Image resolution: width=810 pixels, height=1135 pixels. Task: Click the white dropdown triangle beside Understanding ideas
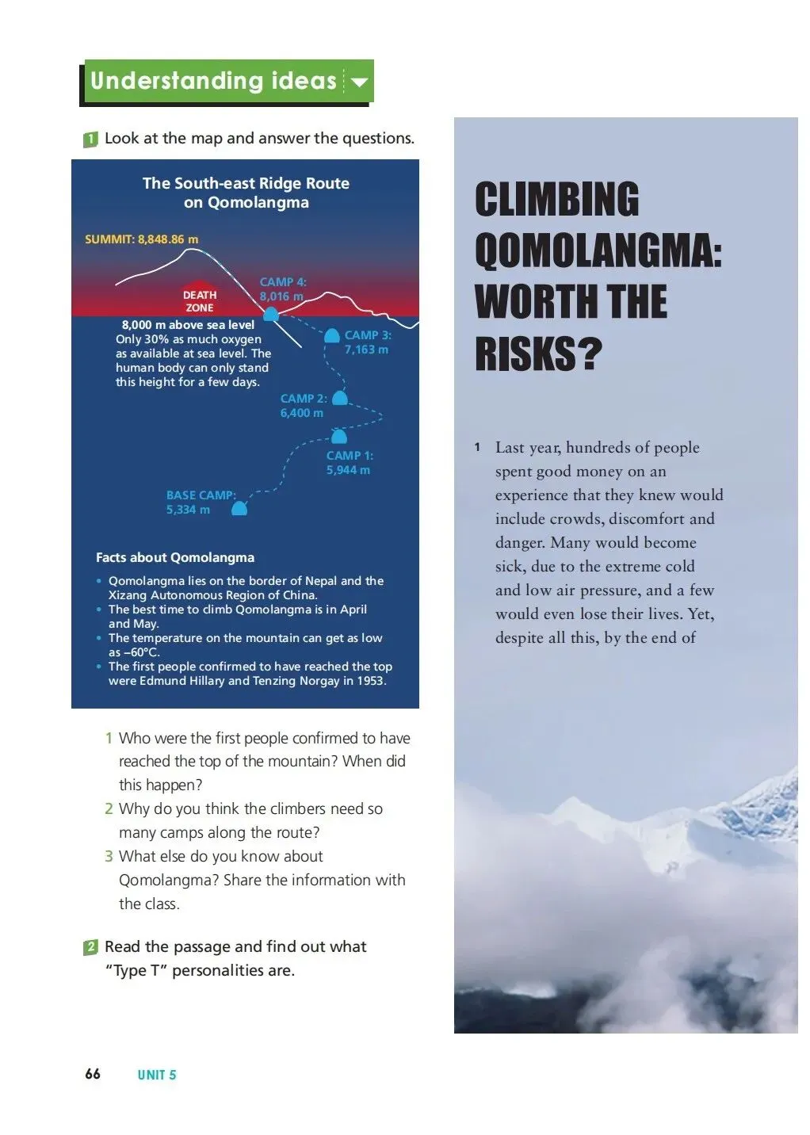[359, 82]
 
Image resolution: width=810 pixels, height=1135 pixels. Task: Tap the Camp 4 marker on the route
[271, 315]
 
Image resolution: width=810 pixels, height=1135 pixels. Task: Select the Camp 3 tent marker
[332, 336]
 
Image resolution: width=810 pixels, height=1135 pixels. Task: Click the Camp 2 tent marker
[339, 398]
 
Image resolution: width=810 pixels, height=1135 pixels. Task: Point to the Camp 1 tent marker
[338, 437]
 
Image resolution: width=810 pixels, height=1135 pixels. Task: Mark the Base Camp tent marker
[239, 508]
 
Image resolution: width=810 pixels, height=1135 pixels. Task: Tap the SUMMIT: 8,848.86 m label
[142, 239]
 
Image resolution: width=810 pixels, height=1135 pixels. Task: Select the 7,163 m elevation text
[366, 350]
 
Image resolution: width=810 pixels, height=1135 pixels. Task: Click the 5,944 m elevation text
[348, 470]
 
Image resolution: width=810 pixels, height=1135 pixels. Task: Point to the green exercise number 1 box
[90, 139]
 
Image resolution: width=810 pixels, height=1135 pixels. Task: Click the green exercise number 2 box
[90, 947]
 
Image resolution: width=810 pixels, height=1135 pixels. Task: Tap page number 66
[93, 1074]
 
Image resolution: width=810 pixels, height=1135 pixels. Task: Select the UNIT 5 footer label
[157, 1075]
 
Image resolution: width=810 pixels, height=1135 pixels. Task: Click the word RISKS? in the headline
[538, 353]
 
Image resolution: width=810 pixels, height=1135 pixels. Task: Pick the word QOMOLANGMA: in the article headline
[598, 250]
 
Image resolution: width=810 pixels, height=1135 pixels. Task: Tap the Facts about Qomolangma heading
[175, 557]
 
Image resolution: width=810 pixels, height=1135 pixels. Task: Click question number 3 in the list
[109, 857]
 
